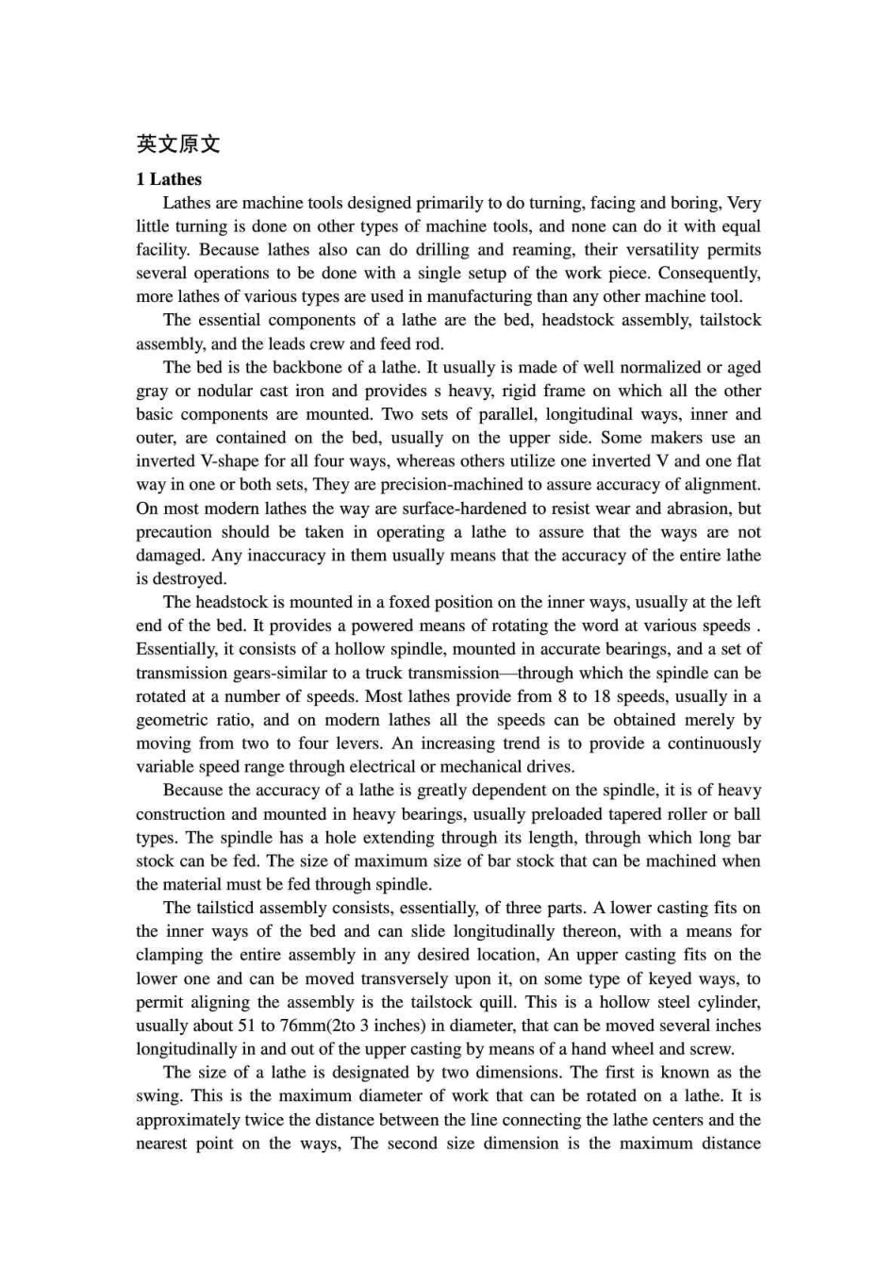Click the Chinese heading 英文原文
point(178,144)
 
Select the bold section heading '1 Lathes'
point(169,179)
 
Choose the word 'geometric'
point(173,720)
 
